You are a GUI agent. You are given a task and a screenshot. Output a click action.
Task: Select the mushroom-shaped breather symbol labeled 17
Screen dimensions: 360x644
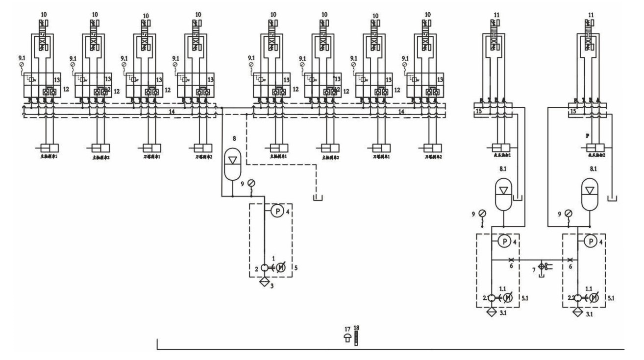(x=347, y=336)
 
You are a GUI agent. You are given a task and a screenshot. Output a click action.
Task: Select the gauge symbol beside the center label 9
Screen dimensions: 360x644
(x=251, y=183)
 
